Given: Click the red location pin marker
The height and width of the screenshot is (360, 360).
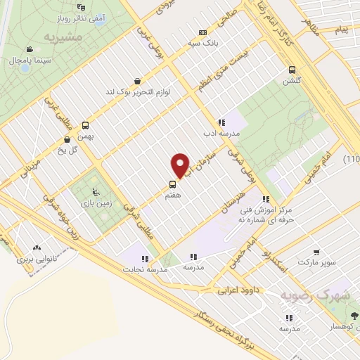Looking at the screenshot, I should (x=181, y=165).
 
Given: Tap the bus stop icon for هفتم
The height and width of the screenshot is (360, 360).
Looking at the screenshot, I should (x=172, y=186).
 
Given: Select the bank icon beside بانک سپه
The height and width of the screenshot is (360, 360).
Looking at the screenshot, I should (x=202, y=33).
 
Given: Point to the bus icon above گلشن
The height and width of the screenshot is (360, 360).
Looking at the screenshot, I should (x=292, y=69).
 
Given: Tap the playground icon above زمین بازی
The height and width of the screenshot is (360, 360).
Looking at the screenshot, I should (x=97, y=193).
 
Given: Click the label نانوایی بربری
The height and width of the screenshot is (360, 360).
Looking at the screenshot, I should (x=36, y=259).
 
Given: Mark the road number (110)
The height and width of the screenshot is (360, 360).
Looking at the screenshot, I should (x=352, y=160).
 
